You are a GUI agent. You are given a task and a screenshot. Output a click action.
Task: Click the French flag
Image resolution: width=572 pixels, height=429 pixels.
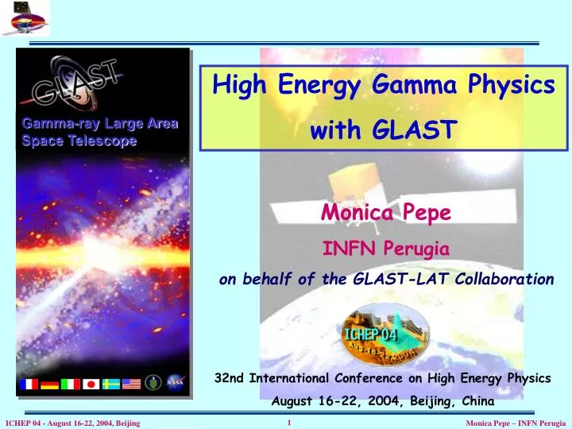click(29, 384)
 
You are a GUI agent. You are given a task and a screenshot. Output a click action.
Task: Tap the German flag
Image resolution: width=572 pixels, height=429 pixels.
click(49, 384)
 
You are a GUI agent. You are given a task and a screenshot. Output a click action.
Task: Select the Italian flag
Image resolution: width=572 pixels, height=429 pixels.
click(71, 384)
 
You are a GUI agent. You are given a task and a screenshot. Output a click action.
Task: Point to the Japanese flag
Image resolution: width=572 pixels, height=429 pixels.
click(91, 384)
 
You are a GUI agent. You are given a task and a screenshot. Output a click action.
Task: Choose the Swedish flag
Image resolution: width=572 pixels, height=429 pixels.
click(111, 384)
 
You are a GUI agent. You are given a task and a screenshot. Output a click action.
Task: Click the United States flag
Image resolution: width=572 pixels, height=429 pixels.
click(131, 384)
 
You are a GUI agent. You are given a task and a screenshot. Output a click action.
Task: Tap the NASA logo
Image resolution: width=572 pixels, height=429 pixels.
click(175, 383)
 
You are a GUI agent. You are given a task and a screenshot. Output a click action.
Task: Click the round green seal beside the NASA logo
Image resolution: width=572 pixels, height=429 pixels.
click(154, 384)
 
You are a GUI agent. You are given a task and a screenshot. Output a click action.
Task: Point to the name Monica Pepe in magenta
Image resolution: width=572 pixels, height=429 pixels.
click(385, 213)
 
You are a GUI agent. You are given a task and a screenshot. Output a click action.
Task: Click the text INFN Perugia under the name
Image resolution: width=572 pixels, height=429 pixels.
click(385, 249)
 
